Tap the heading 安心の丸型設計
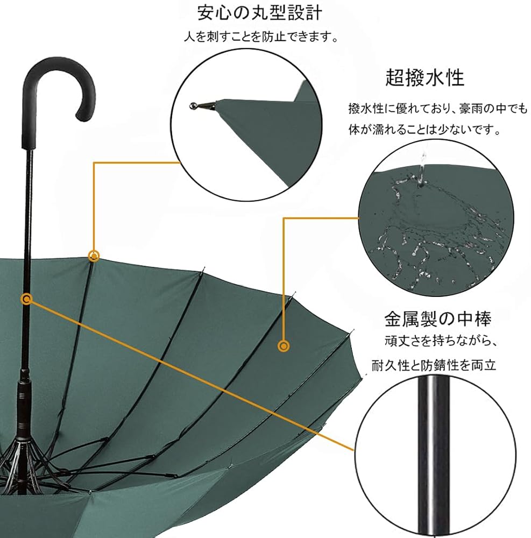tap(263, 12)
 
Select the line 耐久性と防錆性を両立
tap(433, 365)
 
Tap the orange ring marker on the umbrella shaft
tap(26, 298)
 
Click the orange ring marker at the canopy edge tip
tap(94, 256)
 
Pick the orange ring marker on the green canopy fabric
tap(284, 346)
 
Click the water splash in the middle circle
tap(430, 226)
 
